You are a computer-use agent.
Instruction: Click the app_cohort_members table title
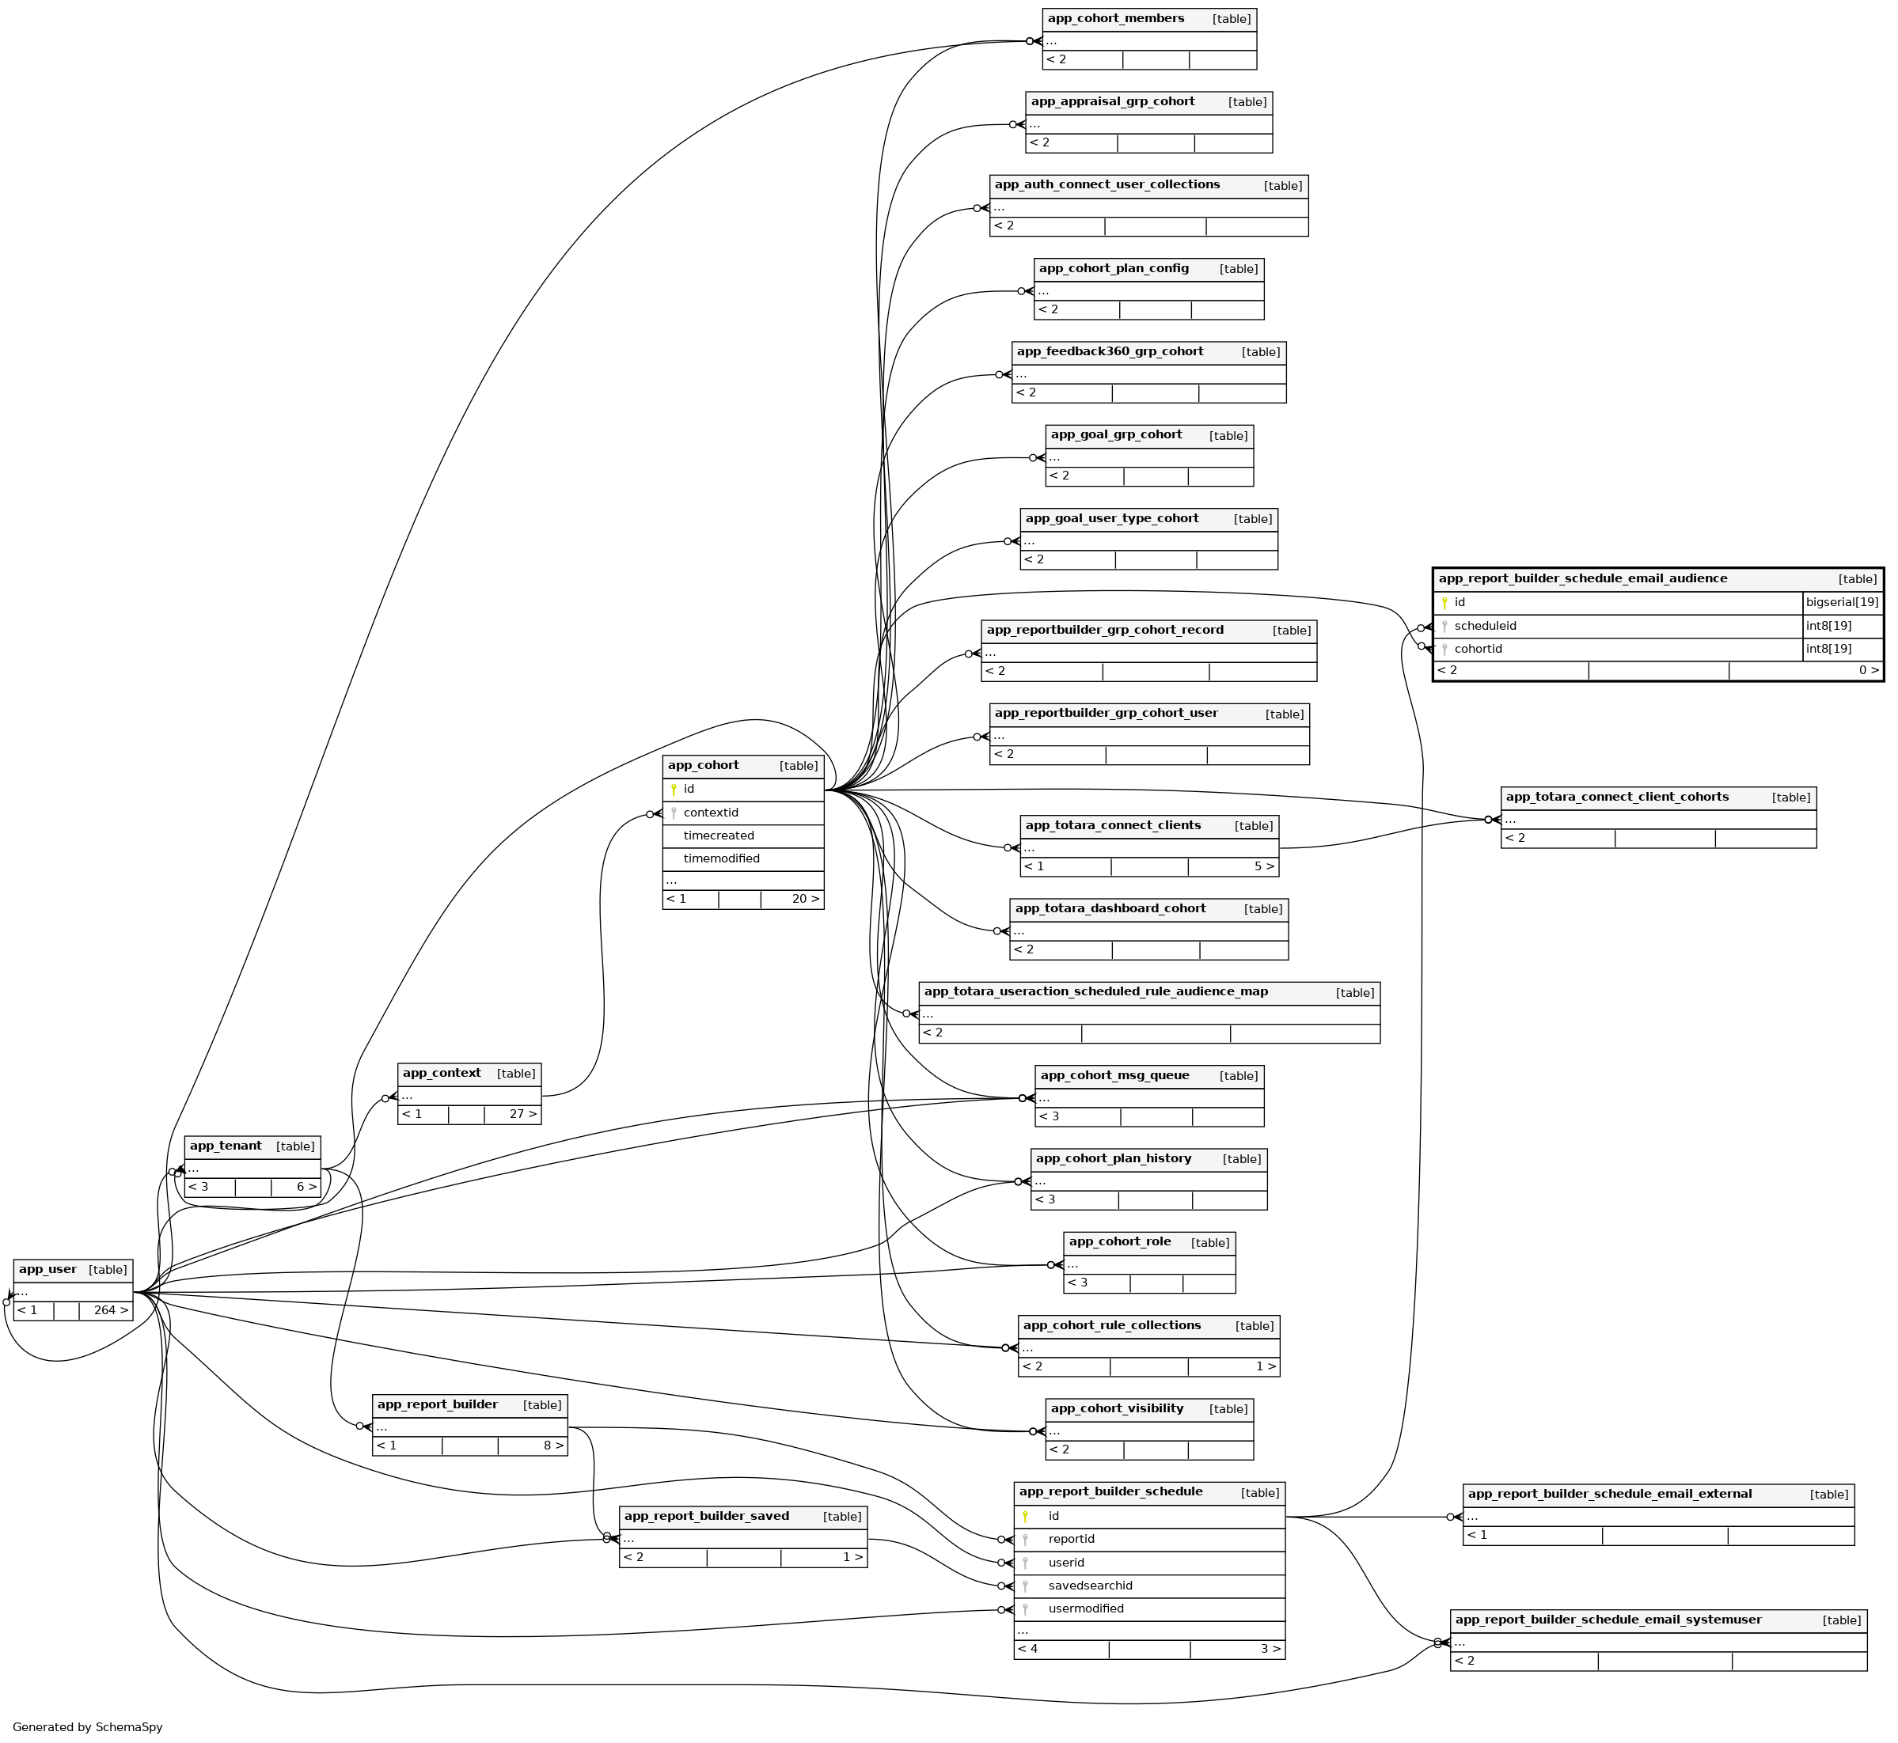1115,19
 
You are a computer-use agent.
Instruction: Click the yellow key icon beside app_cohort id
674,790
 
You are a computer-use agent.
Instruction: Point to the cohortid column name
1477,649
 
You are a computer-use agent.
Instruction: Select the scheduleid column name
1485,627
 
